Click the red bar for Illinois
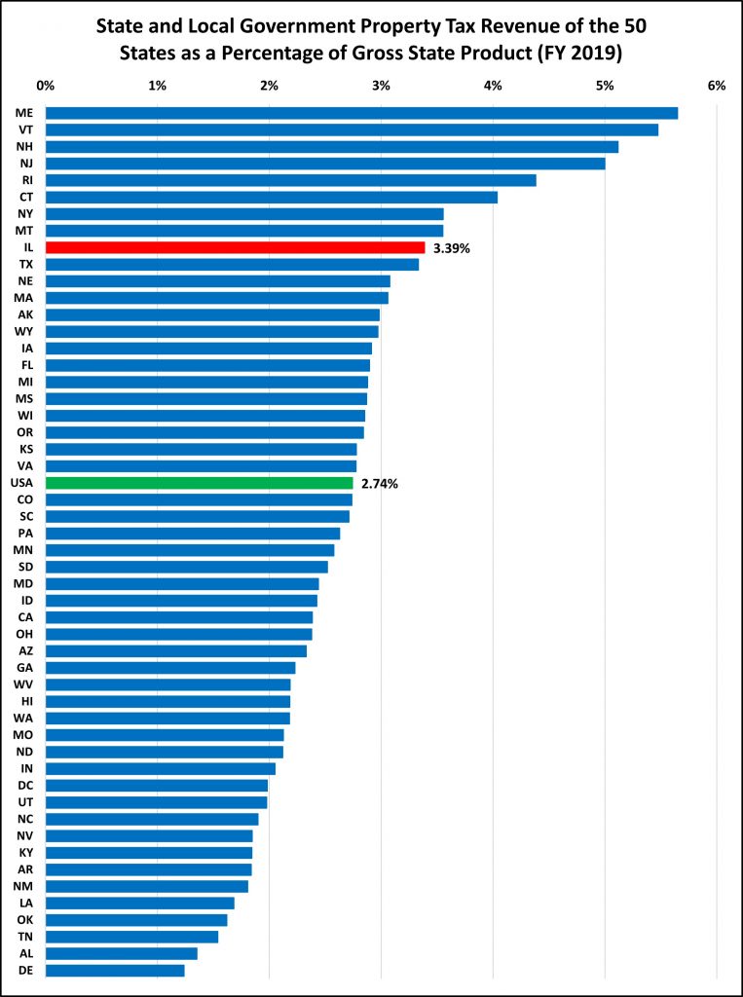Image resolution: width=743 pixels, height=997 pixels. pos(235,247)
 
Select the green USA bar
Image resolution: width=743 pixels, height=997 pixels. pos(199,483)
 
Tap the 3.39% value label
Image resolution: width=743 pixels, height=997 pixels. pos(452,248)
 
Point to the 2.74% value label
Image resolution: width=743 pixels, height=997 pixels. pos(380,483)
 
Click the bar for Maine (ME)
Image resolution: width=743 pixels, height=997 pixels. pos(362,113)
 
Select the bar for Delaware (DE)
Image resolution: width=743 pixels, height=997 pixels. pos(115,971)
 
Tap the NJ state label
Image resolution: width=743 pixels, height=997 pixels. pos(26,164)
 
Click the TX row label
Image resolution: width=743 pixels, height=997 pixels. pos(26,264)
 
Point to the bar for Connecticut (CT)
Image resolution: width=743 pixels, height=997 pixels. pos(272,197)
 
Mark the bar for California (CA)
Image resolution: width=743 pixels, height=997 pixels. pos(179,617)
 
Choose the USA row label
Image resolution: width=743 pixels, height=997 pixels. pos(22,483)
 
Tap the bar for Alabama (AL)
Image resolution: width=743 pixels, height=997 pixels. pos(122,953)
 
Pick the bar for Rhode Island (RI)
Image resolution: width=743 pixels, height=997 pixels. pos(291,180)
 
